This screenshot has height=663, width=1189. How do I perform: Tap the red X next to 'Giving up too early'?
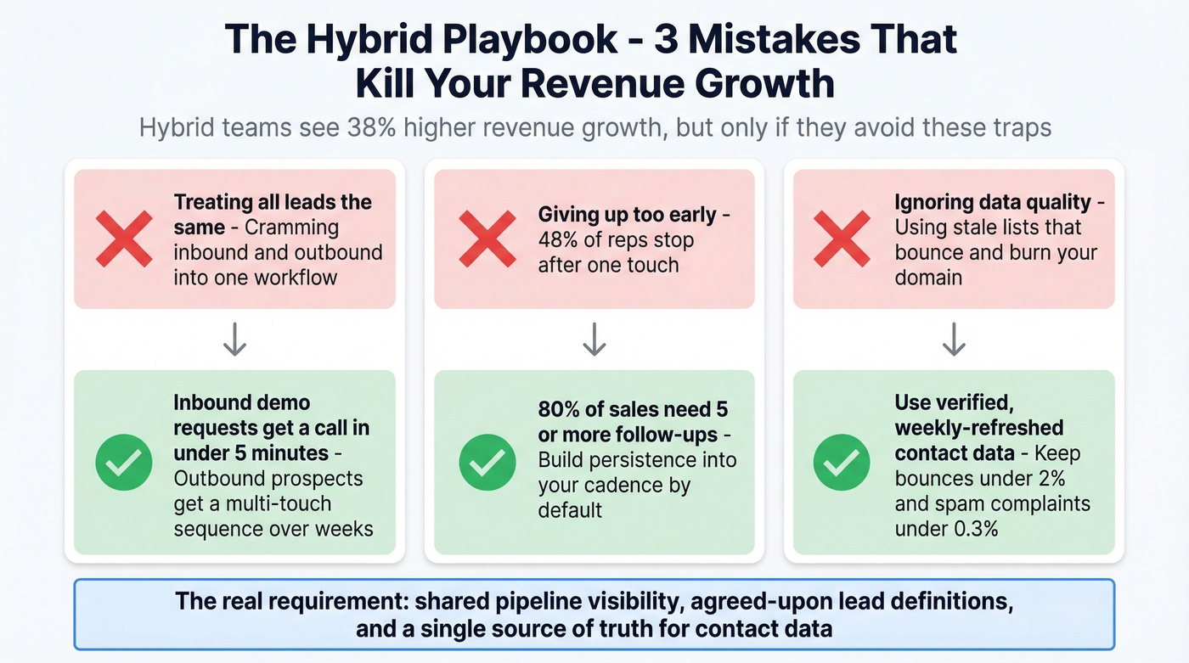[487, 239]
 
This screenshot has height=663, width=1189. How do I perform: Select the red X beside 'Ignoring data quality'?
[842, 239]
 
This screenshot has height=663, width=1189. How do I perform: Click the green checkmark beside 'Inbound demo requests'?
[124, 463]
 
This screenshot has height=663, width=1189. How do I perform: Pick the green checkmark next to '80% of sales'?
[487, 463]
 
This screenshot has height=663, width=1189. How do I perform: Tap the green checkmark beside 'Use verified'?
[842, 463]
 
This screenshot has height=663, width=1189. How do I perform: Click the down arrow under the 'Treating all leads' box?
[234, 340]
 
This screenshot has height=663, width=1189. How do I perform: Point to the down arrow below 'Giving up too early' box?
[594, 340]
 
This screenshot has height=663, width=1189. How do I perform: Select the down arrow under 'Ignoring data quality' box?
[954, 340]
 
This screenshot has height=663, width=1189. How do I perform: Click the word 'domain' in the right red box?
[928, 277]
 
